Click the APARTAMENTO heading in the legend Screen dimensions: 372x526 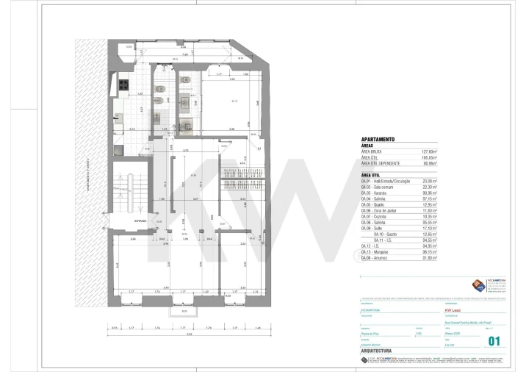378,138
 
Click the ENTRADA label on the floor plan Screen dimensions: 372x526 140,221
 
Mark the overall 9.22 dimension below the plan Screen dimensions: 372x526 189,336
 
